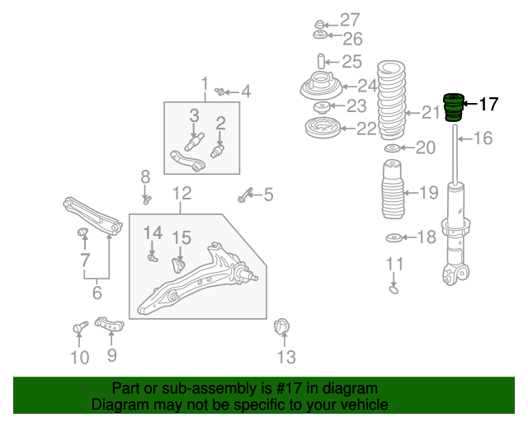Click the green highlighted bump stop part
point(454,107)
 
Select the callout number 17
point(488,104)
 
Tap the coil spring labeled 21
point(391,100)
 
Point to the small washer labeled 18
point(394,238)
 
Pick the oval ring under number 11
point(394,289)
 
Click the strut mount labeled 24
point(321,86)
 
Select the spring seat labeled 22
point(323,128)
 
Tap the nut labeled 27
point(319,24)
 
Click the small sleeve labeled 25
point(321,62)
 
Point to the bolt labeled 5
point(244,195)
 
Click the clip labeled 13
point(282,326)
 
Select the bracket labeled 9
point(110,324)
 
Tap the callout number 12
point(181,194)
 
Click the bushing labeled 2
point(218,151)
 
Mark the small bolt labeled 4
point(220,91)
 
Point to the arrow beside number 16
point(464,138)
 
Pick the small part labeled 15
point(178,265)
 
